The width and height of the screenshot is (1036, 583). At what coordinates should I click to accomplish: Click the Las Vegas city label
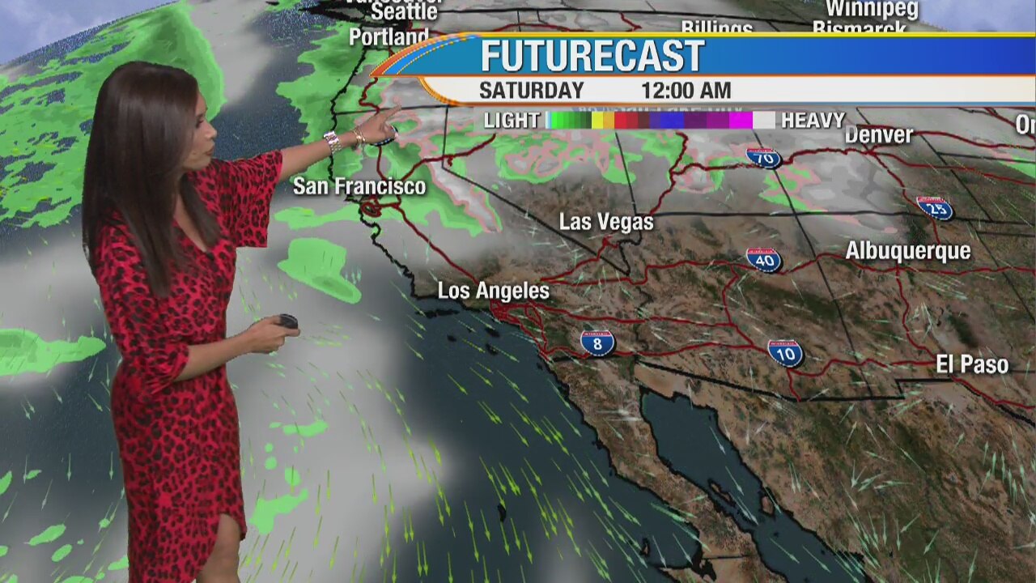pyautogui.click(x=606, y=222)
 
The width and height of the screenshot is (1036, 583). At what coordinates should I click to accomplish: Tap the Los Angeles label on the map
pyautogui.click(x=493, y=291)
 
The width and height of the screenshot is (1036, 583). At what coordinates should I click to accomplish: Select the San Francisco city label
pyautogui.click(x=359, y=187)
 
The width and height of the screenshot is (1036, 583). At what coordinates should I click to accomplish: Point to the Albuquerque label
pyautogui.click(x=907, y=251)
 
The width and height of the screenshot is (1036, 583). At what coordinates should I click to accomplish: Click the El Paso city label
pyautogui.click(x=972, y=365)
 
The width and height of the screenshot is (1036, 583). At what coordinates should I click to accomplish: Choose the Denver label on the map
pyautogui.click(x=878, y=135)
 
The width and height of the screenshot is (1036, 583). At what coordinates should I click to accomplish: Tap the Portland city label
pyautogui.click(x=388, y=37)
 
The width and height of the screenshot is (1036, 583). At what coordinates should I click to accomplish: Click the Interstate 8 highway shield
pyautogui.click(x=597, y=343)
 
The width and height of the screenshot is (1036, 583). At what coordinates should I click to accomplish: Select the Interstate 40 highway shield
pyautogui.click(x=763, y=259)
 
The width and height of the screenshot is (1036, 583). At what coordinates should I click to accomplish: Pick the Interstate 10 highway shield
pyautogui.click(x=785, y=352)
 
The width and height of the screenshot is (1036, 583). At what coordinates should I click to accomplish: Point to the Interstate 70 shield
pyautogui.click(x=763, y=156)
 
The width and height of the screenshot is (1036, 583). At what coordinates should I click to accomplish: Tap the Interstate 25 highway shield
pyautogui.click(x=934, y=208)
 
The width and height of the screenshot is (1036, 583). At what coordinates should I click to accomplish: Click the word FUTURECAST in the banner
pyautogui.click(x=592, y=57)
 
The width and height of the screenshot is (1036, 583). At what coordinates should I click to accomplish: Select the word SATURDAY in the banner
pyautogui.click(x=531, y=91)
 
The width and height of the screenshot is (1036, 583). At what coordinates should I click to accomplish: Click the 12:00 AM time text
pyautogui.click(x=686, y=91)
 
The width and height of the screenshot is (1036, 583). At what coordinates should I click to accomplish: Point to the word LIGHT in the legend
pyautogui.click(x=511, y=121)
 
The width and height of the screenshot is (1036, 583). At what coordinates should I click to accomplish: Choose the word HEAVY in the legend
pyautogui.click(x=813, y=121)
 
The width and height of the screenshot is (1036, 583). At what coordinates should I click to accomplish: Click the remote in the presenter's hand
pyautogui.click(x=288, y=321)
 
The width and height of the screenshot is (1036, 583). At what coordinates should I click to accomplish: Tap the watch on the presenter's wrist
pyautogui.click(x=333, y=143)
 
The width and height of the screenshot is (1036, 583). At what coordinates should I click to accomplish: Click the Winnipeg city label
pyautogui.click(x=871, y=10)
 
